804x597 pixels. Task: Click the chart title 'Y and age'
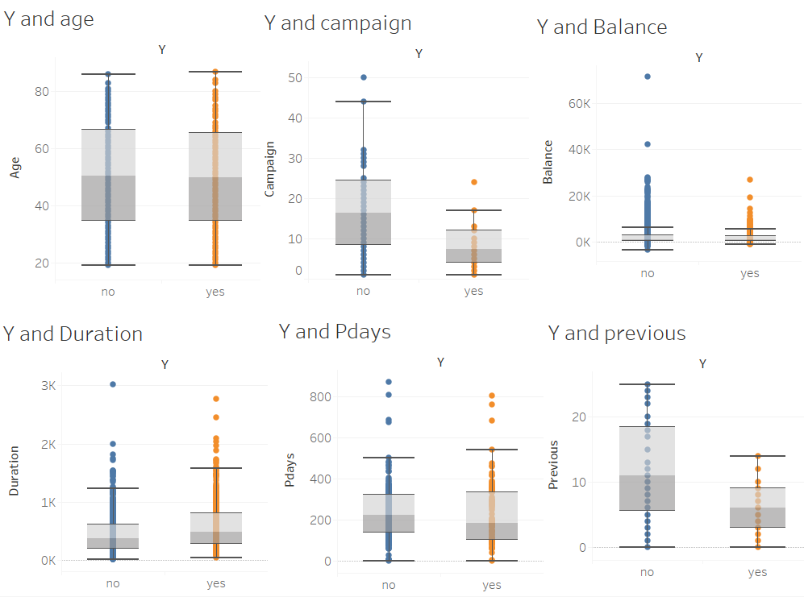[48, 19]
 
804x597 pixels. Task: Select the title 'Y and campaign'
[338, 23]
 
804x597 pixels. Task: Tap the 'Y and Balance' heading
[602, 27]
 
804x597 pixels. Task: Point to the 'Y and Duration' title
[73, 334]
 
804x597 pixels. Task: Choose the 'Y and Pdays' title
[335, 331]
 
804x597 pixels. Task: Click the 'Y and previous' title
[617, 333]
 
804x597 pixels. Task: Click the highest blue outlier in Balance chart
[647, 77]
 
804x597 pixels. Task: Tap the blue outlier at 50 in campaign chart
[364, 77]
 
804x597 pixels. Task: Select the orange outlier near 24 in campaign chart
[474, 182]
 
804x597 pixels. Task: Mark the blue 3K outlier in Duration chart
[113, 384]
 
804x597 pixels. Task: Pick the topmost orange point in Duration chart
[216, 399]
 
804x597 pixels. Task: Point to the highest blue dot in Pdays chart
[389, 382]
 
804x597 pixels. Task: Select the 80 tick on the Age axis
[40, 92]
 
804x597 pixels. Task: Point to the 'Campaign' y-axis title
[271, 169]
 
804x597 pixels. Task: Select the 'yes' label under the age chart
[215, 292]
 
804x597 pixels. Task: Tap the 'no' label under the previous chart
[647, 572]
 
